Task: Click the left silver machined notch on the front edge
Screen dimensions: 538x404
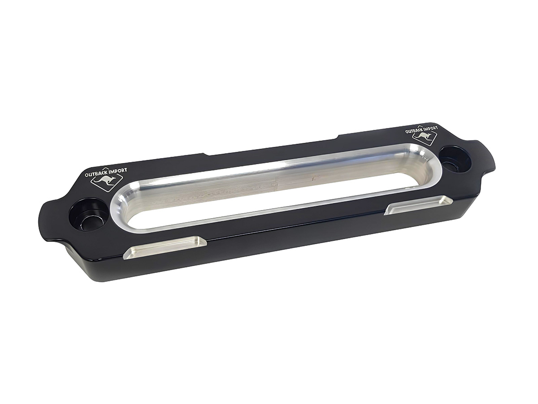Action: point(165,246)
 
